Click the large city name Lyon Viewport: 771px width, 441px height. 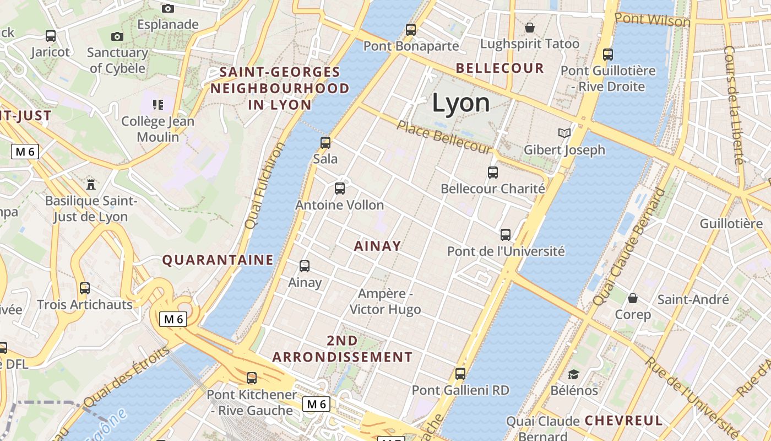[460, 103]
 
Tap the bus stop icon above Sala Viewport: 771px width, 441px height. [325, 143]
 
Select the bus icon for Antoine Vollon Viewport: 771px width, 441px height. [340, 189]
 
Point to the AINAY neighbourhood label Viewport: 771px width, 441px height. [377, 246]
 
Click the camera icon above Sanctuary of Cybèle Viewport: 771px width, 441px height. [117, 36]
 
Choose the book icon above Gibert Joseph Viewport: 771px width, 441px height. [564, 133]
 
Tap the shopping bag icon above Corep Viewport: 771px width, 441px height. [633, 298]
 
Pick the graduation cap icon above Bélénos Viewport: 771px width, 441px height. [573, 374]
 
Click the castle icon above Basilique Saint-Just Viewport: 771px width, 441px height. [91, 184]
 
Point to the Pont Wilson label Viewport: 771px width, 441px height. [652, 20]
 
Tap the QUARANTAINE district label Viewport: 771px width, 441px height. [218, 260]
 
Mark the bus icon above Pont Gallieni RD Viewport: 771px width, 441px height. [460, 374]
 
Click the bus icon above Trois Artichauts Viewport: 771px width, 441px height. [85, 288]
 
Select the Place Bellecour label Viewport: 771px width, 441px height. [444, 137]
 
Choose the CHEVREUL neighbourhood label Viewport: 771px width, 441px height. [623, 420]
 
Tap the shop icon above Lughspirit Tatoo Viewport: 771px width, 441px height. [530, 27]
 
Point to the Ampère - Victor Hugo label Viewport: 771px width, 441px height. [385, 302]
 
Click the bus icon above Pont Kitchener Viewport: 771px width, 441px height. [252, 378]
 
